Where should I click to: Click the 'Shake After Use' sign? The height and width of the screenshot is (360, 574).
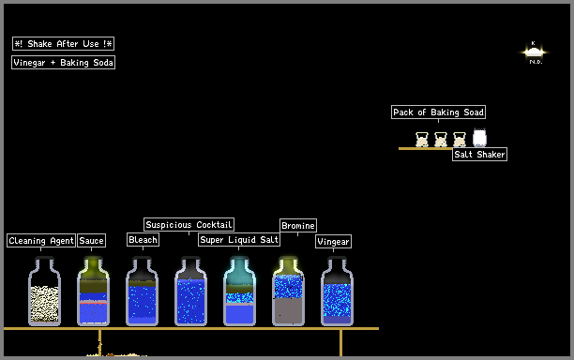64,43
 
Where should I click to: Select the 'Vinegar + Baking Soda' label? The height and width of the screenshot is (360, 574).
64,62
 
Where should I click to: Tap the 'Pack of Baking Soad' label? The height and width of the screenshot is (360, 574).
439,112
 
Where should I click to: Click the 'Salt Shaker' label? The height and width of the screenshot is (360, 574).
479,154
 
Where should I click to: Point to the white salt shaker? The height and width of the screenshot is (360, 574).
479,138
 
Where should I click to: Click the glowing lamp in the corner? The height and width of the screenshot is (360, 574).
534,52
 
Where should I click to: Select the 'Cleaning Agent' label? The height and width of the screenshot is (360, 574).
41,240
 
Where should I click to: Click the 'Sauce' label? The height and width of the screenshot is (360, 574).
92,240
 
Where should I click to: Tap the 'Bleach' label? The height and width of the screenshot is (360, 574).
143,240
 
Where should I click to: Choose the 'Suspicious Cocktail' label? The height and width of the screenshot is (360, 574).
189,224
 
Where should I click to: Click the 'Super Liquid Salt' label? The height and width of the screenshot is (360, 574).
239,240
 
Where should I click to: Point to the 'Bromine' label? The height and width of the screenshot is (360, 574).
298,225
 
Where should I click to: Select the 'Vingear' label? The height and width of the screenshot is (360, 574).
333,242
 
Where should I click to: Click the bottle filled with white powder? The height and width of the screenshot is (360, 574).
44,291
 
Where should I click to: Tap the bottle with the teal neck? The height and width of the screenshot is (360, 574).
239,291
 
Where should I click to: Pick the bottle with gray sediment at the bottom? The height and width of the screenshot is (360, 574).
288,291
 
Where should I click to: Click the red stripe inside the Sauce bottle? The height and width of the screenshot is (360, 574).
94,303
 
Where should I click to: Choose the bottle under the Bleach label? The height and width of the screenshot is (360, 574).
142,291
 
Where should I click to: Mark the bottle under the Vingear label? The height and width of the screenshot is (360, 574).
337,291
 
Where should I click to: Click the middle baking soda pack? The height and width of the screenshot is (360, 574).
441,140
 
